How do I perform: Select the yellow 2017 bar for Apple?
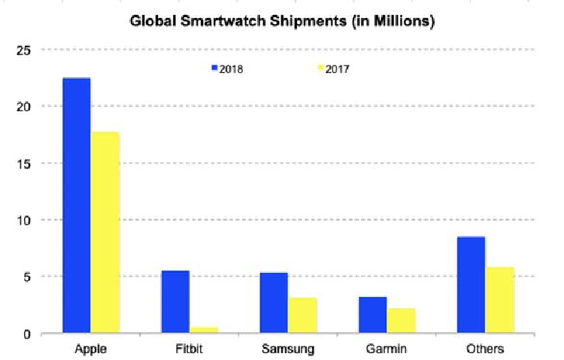pyautogui.click(x=105, y=232)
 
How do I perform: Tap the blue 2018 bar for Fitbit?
pyautogui.click(x=175, y=301)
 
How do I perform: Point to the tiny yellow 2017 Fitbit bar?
pyautogui.click(x=204, y=330)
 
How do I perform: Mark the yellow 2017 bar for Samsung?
pyautogui.click(x=302, y=315)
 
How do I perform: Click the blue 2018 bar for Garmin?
pyautogui.click(x=372, y=314)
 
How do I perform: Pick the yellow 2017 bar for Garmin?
pyautogui.click(x=401, y=320)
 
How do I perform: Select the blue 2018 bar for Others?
pyautogui.click(x=471, y=284)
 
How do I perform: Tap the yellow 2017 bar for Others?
pyautogui.click(x=499, y=300)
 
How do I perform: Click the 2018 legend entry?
pyautogui.click(x=227, y=68)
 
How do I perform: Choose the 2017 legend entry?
pyautogui.click(x=334, y=68)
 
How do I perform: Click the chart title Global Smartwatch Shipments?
pyautogui.click(x=282, y=22)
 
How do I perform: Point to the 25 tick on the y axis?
pyautogui.click(x=26, y=50)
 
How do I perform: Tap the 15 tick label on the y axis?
pyautogui.click(x=26, y=163)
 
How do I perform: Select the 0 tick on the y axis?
pyautogui.click(x=29, y=334)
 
